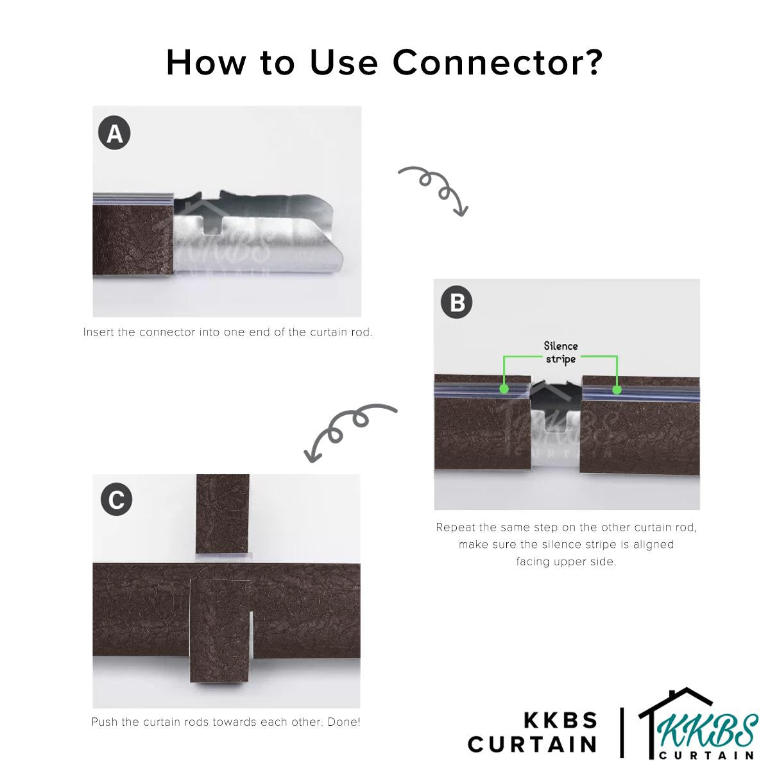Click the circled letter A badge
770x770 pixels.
point(114,133)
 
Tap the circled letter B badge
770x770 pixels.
point(456,302)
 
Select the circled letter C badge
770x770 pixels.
point(116,500)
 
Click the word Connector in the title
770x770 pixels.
point(497,62)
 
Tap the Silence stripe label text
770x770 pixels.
point(561,352)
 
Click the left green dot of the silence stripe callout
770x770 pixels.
point(504,389)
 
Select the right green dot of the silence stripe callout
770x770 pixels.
point(617,389)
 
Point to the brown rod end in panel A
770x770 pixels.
point(133,241)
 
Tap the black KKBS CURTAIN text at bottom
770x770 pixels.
point(533,732)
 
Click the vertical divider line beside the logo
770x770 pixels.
point(621,732)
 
